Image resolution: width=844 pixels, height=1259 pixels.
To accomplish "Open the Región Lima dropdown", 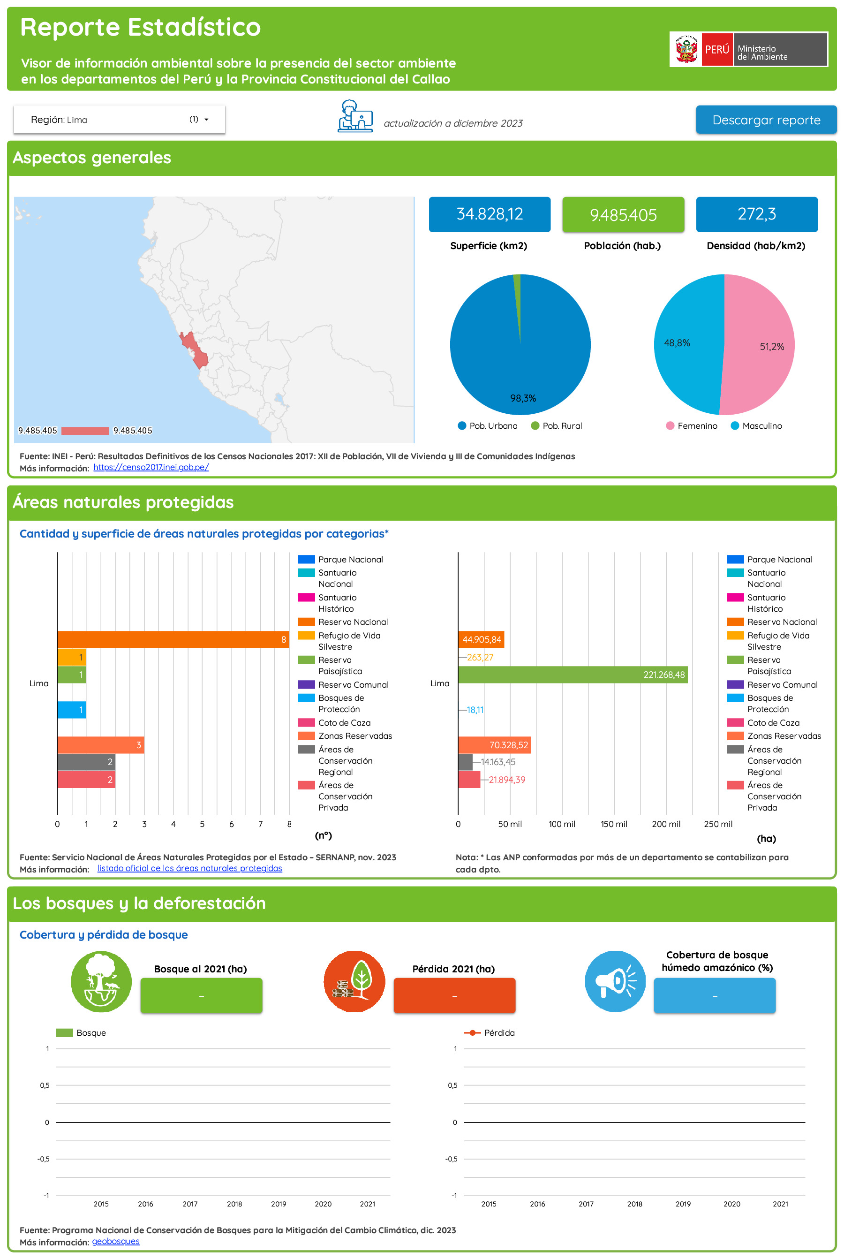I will (119, 120).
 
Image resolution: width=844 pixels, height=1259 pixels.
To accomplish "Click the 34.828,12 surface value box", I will (489, 214).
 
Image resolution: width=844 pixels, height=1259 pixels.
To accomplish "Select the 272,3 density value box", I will (756, 214).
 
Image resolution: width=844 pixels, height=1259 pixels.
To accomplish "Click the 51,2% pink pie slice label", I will (771, 347).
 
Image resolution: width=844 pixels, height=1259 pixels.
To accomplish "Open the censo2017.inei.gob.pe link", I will (151, 467).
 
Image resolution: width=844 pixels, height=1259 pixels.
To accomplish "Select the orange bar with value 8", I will (173, 639).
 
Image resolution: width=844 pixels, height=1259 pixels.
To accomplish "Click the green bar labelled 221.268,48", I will (572, 675).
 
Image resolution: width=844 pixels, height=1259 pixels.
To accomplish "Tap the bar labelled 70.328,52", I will (494, 745).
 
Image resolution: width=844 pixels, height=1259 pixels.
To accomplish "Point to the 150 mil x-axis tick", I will (614, 824).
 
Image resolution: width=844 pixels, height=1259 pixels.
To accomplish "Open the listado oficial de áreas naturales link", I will (189, 868).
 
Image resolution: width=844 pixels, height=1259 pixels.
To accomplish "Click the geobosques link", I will (116, 1241).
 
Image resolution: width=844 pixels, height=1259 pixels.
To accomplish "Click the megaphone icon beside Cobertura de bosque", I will (615, 981).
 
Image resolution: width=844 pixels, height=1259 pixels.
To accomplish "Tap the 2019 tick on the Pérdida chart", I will (683, 1204).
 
